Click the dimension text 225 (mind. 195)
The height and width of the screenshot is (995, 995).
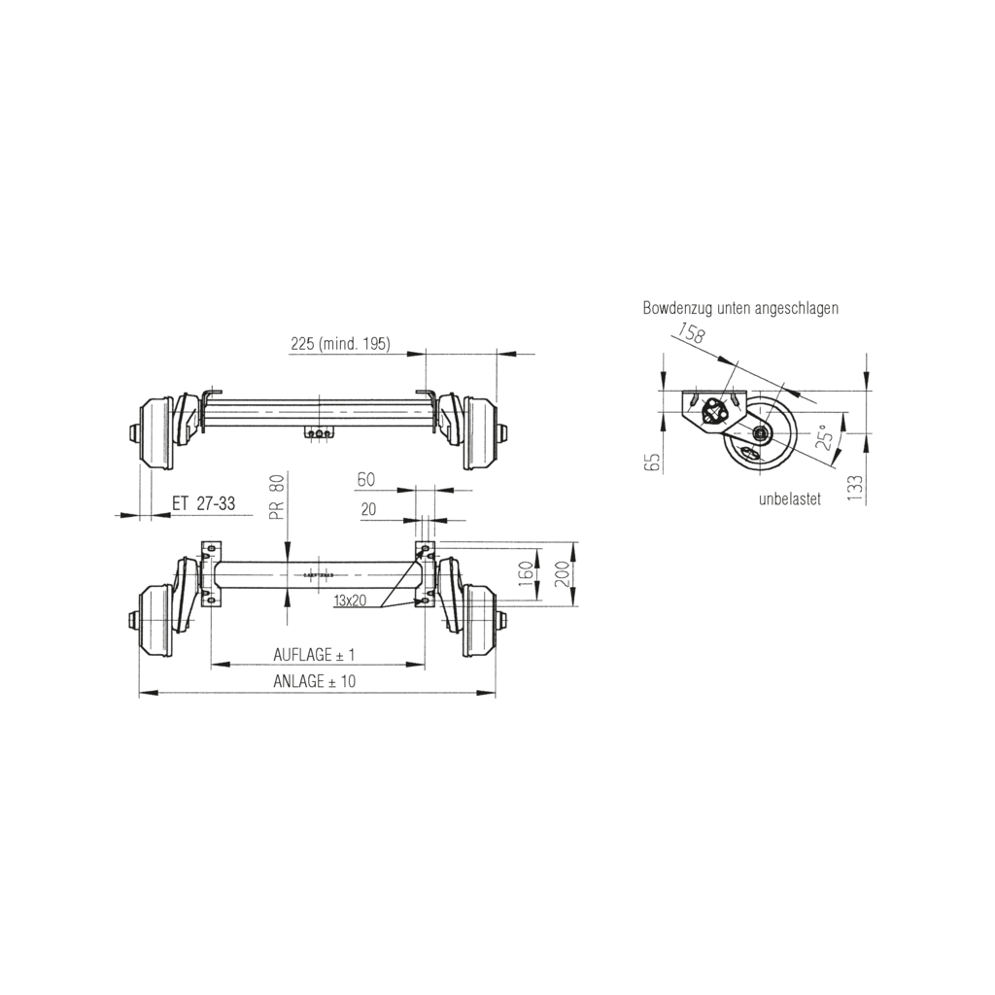pos(340,344)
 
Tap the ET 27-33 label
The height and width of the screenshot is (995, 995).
pos(203,503)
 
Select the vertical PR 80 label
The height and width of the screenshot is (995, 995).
pos(278,497)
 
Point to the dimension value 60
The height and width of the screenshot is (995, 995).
pos(365,479)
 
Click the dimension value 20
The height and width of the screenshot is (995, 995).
pos(368,508)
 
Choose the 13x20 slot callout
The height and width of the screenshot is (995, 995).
pos(349,601)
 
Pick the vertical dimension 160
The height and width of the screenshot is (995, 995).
pos(526,574)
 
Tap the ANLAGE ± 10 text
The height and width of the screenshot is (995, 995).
pos(314,682)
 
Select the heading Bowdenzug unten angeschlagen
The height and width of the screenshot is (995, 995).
pos(740,308)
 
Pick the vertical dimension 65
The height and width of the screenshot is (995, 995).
pos(652,462)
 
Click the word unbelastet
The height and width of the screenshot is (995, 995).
pos(790,499)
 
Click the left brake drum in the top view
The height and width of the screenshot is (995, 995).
pos(155,432)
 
